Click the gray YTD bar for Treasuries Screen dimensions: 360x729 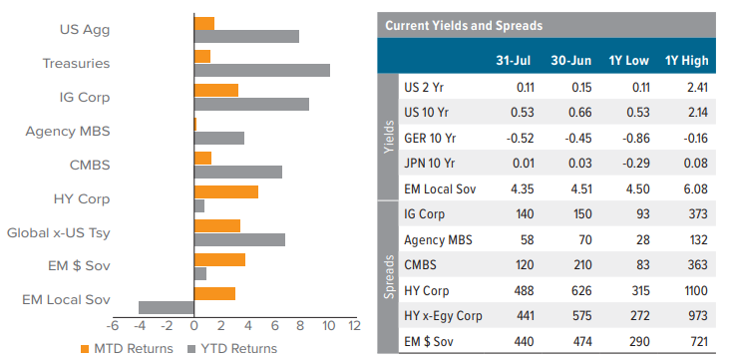(x=261, y=71)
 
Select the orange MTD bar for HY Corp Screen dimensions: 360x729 (x=226, y=191)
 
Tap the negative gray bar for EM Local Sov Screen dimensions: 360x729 (x=167, y=307)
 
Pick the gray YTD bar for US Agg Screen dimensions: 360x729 (x=246, y=37)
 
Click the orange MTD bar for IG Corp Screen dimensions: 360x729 (x=216, y=90)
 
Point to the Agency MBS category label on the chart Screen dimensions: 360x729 (x=67, y=131)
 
